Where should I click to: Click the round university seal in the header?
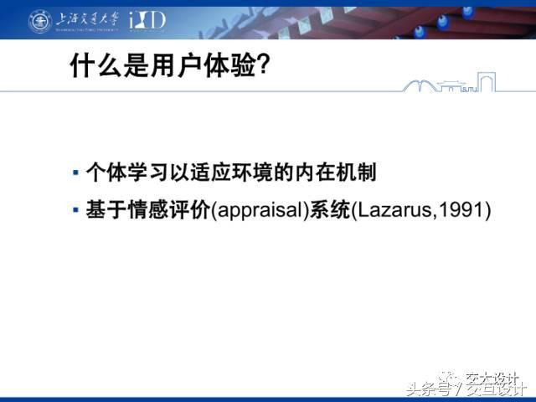40,21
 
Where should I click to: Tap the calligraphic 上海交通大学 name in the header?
88,19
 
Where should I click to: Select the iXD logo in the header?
147,20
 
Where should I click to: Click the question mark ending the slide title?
263,64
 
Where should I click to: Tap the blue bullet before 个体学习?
75,172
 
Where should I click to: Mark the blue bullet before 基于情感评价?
75,209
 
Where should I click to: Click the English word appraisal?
260,210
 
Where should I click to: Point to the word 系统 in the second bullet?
330,209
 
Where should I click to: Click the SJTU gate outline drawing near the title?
449,82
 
